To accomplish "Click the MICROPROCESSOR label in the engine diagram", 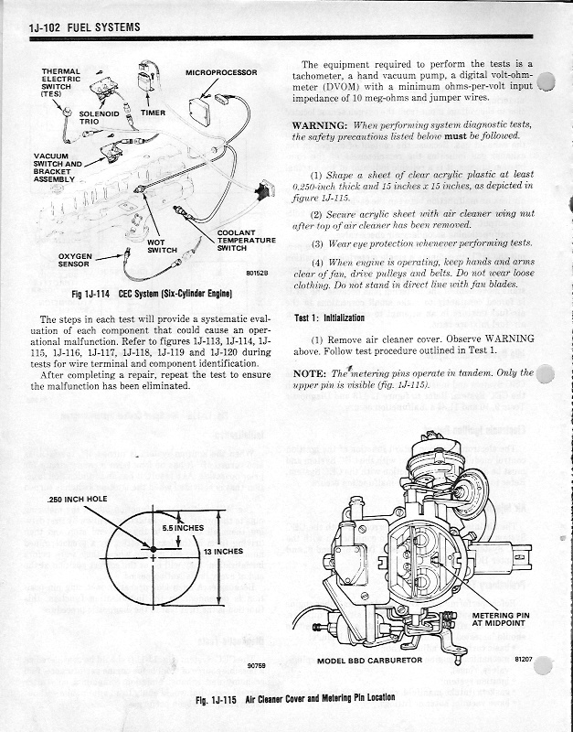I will coord(221,71).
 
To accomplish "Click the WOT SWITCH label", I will coord(163,245).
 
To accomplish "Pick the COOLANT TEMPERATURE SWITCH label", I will coord(246,241).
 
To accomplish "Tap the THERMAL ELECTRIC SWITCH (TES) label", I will coord(59,82).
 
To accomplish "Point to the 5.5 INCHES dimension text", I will coord(182,527).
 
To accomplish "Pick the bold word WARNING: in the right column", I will coord(320,124).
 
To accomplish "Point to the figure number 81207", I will coord(524,657).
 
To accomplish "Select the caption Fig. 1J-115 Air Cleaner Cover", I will coord(295,697).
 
